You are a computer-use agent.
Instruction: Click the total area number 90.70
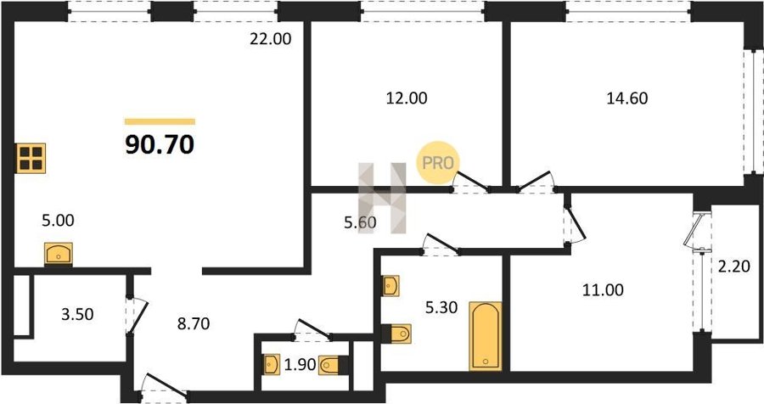pyautogui.click(x=160, y=144)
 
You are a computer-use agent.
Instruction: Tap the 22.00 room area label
pyautogui.click(x=271, y=38)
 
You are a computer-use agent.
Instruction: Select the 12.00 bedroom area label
pyautogui.click(x=407, y=98)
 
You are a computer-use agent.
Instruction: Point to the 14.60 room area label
pyautogui.click(x=627, y=98)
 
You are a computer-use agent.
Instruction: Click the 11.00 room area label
pyautogui.click(x=603, y=290)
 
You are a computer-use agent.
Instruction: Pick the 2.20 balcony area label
pyautogui.click(x=733, y=267)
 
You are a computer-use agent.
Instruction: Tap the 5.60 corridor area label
pyautogui.click(x=360, y=222)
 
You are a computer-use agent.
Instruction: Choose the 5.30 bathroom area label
pyautogui.click(x=441, y=307)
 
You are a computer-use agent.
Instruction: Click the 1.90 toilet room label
pyautogui.click(x=301, y=364)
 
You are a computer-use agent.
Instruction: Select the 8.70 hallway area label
pyautogui.click(x=194, y=323)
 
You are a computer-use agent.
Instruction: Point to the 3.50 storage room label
pyautogui.click(x=77, y=314)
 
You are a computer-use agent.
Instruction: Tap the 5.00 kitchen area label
pyautogui.click(x=58, y=221)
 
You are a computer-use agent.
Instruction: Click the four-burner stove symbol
pyautogui.click(x=31, y=158)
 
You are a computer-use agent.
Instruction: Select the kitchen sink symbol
pyautogui.click(x=59, y=254)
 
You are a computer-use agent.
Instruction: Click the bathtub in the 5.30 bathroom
pyautogui.click(x=486, y=336)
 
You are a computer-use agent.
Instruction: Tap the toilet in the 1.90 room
pyautogui.click(x=334, y=364)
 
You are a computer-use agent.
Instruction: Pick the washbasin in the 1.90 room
pyautogui.click(x=272, y=364)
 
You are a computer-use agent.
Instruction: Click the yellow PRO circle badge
pyautogui.click(x=437, y=163)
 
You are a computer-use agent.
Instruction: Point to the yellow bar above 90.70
pyautogui.click(x=160, y=122)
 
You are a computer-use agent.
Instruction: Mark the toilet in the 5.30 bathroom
pyautogui.click(x=396, y=334)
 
